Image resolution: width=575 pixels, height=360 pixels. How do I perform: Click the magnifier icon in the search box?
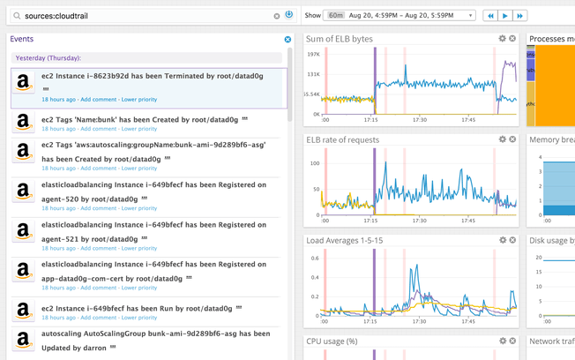[x=17, y=15]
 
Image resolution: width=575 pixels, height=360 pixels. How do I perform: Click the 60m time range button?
[x=336, y=15]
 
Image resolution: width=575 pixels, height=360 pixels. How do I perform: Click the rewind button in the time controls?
[x=489, y=15]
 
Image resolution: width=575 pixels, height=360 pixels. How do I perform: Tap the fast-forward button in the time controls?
[x=520, y=15]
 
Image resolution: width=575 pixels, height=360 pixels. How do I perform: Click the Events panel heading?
[x=22, y=40]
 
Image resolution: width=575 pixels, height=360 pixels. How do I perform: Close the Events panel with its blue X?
[x=287, y=40]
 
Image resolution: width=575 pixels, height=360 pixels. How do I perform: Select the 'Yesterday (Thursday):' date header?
[x=49, y=57]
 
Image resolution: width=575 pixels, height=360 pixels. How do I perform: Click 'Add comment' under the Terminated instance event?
[x=98, y=100]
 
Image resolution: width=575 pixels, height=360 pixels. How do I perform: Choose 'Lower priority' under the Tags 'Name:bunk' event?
[x=139, y=129]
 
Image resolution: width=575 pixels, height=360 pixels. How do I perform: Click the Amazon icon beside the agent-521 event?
[x=24, y=231]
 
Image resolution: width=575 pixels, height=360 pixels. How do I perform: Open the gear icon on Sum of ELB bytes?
[x=503, y=39]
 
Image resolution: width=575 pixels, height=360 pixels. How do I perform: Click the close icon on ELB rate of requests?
[x=512, y=139]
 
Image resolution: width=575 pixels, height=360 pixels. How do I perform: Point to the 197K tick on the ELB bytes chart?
[x=313, y=54]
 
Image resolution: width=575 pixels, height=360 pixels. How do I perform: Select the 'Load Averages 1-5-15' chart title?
[x=345, y=240]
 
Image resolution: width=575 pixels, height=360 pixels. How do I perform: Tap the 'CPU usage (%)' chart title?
[x=332, y=341]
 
